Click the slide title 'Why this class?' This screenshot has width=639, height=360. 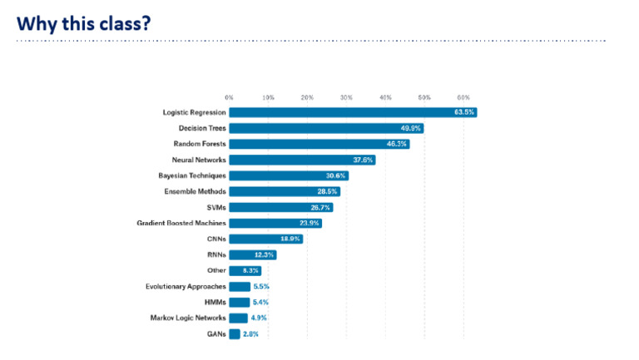point(83,22)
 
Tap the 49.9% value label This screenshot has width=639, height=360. point(410,128)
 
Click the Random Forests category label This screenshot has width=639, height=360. point(194,144)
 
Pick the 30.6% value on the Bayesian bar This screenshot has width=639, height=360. point(336,175)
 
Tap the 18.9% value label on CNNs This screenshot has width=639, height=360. point(290,239)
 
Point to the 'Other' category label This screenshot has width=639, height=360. point(215,270)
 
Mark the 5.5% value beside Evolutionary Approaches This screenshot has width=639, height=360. point(261,286)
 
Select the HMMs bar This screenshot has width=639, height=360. point(239,302)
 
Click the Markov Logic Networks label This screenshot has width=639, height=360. point(187,318)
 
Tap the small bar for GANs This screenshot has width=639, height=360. point(235,333)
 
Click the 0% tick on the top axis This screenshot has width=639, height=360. point(229,98)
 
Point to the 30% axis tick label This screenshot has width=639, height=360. point(346,98)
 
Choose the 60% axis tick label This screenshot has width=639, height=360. point(463,98)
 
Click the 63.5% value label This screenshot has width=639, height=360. point(463,112)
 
